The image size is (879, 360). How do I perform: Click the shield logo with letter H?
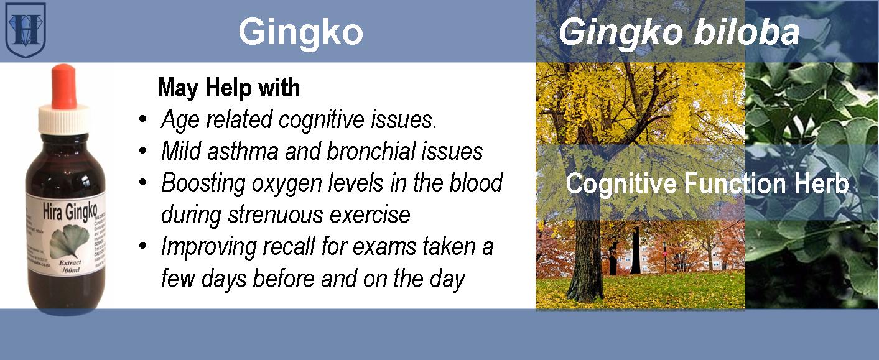[x=26, y=29]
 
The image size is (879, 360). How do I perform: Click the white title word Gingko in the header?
[x=300, y=31]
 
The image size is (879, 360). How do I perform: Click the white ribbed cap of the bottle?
[x=63, y=119]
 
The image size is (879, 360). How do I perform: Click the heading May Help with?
[x=229, y=88]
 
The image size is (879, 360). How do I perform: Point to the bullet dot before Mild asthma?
[x=144, y=151]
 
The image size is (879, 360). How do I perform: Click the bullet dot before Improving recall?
[x=144, y=247]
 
